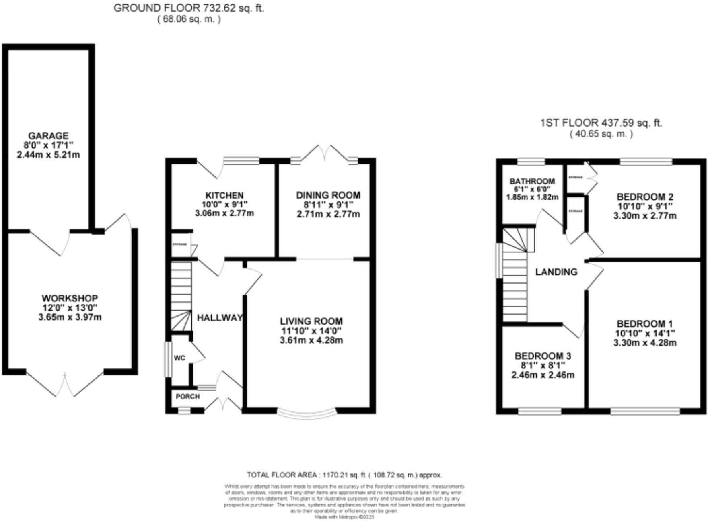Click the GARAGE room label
tap(48, 136)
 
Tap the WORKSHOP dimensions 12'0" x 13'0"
tap(70, 308)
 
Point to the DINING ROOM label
tap(328, 195)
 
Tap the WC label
tap(179, 358)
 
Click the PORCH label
tap(187, 397)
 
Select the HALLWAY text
tap(220, 318)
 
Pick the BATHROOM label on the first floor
tap(532, 181)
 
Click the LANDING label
tap(556, 272)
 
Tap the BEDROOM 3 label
tap(543, 356)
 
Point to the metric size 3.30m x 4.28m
tap(645, 343)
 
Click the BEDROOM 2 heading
tap(645, 197)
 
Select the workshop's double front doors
tap(65, 384)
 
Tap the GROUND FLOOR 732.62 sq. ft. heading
tap(189, 8)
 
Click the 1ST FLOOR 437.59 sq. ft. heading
tap(601, 123)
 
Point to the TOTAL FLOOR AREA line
tap(344, 475)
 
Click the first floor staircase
tap(515, 277)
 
